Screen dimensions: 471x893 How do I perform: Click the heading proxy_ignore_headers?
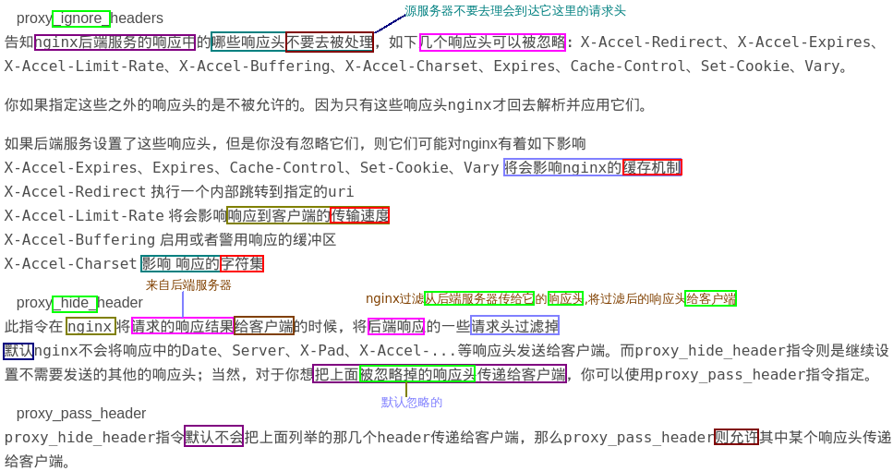tap(90, 18)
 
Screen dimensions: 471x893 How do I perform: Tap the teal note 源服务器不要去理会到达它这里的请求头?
tap(514, 11)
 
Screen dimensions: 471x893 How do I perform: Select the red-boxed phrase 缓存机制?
tap(652, 167)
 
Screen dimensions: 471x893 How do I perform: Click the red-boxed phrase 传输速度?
tap(359, 215)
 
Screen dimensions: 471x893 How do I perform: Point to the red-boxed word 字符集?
tap(241, 263)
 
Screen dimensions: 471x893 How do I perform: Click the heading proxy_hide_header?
tap(79, 303)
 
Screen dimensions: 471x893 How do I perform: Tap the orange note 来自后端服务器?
tap(188, 285)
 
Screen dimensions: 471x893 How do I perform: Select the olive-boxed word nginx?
tap(91, 326)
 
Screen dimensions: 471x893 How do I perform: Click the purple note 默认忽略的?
tap(412, 403)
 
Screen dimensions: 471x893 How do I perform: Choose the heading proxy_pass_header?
tap(81, 414)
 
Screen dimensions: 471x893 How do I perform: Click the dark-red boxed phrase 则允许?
tap(736, 437)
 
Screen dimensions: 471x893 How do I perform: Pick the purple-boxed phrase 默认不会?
tap(213, 437)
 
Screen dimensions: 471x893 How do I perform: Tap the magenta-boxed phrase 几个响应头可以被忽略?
tap(492, 42)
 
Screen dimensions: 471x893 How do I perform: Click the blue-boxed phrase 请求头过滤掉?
tap(514, 326)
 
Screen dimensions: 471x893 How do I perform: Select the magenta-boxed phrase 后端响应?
tap(396, 326)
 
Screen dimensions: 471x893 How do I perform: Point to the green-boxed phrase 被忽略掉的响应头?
tap(417, 374)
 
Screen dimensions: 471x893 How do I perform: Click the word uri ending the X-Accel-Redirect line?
tap(341, 192)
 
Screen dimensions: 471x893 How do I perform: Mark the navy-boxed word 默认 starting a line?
tap(18, 351)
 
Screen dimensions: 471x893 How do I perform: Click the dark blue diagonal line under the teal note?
tap(390, 24)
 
